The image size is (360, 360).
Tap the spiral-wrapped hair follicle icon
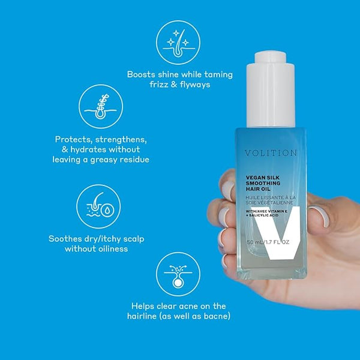tap(101, 107)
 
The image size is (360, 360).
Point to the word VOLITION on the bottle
tap(271, 153)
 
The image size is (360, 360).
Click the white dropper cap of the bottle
tap(271, 89)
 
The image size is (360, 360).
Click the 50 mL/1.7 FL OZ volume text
tap(268, 242)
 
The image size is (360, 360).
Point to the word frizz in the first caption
tap(159, 85)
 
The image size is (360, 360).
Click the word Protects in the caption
tap(73, 139)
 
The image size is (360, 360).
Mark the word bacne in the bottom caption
tap(217, 316)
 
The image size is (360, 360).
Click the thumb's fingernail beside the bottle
tap(320, 216)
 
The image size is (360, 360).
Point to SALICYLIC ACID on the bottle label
tap(263, 215)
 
